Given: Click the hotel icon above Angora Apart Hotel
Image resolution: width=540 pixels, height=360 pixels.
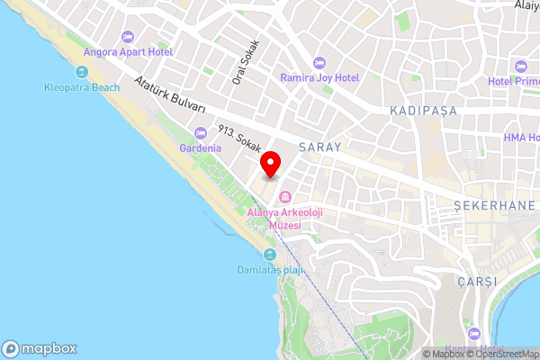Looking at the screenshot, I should point(127,36).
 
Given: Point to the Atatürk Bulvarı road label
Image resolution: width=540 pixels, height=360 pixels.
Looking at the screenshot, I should point(169,96).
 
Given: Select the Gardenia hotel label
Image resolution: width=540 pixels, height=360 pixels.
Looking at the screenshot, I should point(201,148).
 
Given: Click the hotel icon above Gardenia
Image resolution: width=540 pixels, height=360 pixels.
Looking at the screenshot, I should point(201,133).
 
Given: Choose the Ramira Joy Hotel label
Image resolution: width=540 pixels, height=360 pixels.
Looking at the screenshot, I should point(319,77).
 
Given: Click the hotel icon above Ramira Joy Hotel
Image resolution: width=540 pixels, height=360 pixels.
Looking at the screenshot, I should point(319,62).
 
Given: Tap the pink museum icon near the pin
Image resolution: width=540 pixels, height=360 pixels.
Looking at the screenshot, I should point(285,197).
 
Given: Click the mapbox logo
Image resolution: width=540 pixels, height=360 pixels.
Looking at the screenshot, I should point(40,348).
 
